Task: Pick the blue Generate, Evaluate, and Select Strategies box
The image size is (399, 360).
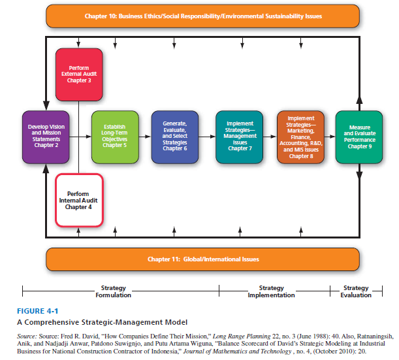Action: [174, 137]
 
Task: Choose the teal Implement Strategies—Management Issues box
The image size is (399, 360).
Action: [240, 137]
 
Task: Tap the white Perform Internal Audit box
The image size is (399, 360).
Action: [78, 199]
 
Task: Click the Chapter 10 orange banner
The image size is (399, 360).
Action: [202, 15]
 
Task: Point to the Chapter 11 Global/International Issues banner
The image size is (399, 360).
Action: [202, 259]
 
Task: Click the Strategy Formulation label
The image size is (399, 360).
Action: [113, 291]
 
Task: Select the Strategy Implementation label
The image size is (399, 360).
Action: [271, 291]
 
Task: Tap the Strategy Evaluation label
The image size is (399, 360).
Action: [355, 291]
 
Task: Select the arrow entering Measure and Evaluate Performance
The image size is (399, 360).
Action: [329, 137]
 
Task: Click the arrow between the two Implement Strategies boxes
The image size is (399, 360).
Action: [270, 137]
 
